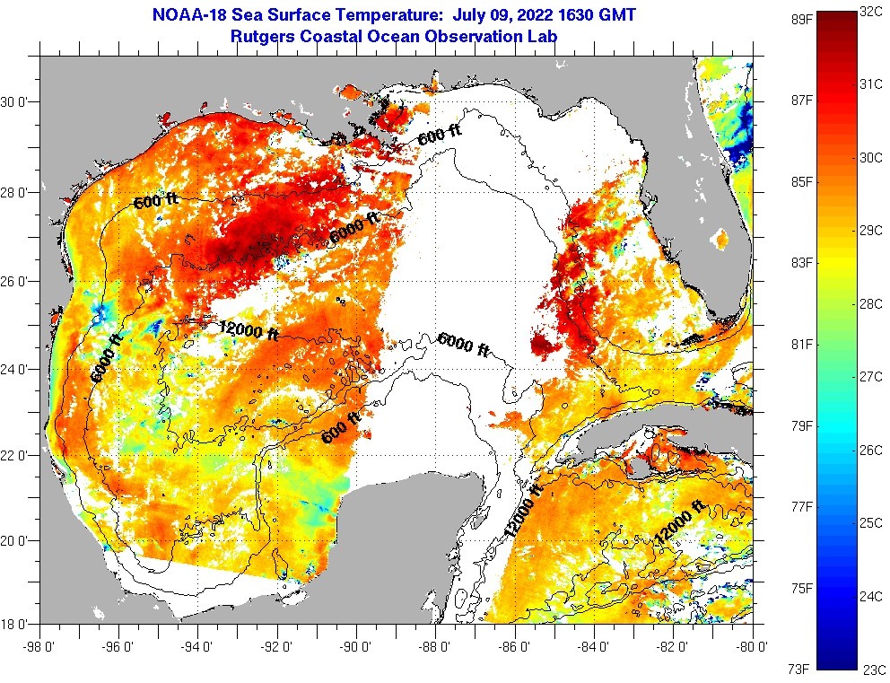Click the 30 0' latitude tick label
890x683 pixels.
click(x=18, y=101)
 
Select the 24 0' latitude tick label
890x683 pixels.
click(x=18, y=368)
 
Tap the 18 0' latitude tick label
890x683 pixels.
click(x=18, y=623)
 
